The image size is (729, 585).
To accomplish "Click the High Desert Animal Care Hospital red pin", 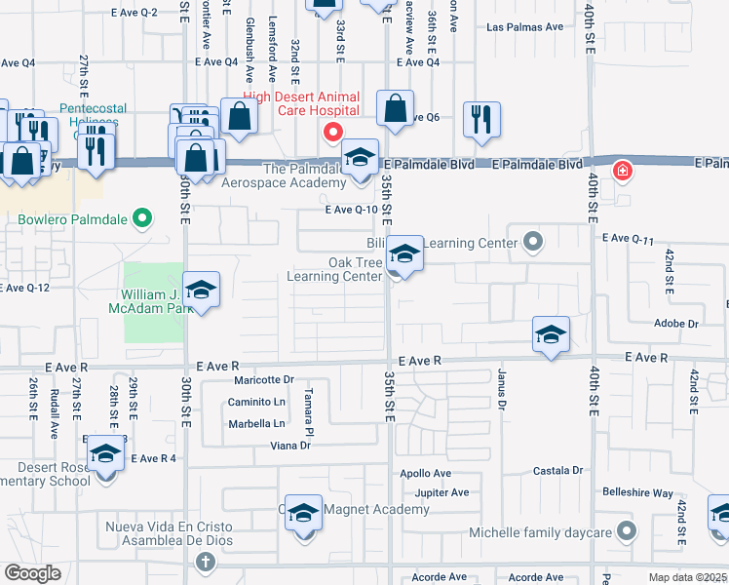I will (332, 132).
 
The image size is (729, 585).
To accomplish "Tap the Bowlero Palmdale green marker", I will (142, 217).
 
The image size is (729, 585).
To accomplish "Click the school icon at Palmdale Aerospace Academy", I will (360, 159).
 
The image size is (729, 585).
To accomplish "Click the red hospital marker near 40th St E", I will (621, 173).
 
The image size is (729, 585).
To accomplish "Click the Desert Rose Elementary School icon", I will (105, 456).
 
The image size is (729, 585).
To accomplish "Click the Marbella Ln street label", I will (257, 423).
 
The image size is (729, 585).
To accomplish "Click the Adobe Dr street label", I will (677, 323).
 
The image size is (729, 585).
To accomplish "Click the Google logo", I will (32, 573).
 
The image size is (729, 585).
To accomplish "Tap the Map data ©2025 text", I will (687, 578).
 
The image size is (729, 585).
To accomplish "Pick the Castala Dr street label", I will (558, 470).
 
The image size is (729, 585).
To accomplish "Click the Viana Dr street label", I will (290, 446).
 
